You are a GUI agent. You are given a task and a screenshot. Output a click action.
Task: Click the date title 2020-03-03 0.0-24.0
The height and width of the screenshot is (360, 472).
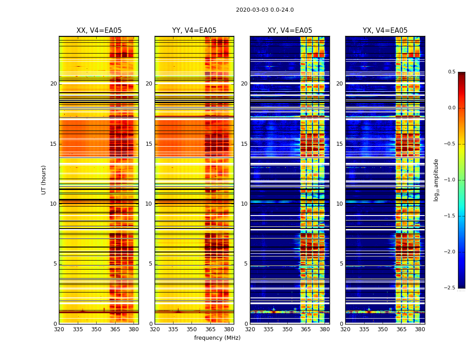coord(265,10)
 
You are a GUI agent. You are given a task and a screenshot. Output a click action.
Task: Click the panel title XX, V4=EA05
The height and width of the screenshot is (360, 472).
coord(99,31)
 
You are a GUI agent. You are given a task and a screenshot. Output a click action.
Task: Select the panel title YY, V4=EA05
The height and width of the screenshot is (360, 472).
coord(194,31)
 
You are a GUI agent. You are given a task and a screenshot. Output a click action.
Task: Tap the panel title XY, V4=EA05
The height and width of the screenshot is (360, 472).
coord(289,31)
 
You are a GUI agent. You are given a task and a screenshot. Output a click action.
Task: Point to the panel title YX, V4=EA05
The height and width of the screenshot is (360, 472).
coord(385,31)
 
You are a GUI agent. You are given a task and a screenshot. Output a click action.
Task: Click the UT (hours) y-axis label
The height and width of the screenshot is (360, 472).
coord(44,180)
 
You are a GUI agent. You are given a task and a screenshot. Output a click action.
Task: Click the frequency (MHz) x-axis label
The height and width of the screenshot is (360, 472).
coord(217,338)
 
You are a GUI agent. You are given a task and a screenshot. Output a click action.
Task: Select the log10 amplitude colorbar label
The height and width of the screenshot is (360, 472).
coord(436,180)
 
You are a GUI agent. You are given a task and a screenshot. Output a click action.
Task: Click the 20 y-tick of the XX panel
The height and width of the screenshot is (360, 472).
coord(53,84)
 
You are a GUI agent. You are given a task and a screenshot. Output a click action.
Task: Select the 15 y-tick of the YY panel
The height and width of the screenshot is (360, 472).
coord(149,144)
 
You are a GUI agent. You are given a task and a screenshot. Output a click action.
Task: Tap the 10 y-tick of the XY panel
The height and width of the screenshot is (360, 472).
coord(244,204)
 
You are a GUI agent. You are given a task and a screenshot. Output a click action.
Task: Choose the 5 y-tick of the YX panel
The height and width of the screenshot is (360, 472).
coord(341,264)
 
